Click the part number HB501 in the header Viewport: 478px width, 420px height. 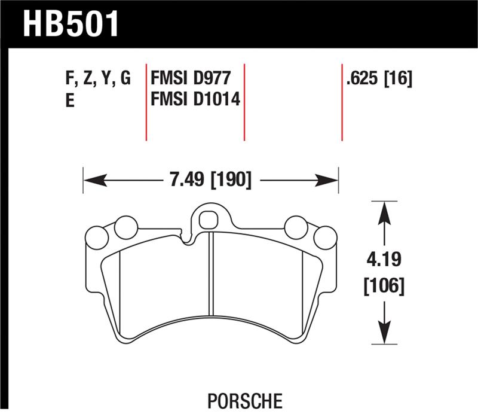(x=71, y=25)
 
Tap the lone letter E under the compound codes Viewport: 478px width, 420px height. (x=69, y=101)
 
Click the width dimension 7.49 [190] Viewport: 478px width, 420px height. (x=210, y=179)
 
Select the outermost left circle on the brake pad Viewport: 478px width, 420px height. (x=97, y=238)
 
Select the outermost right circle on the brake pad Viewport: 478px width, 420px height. (x=326, y=238)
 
